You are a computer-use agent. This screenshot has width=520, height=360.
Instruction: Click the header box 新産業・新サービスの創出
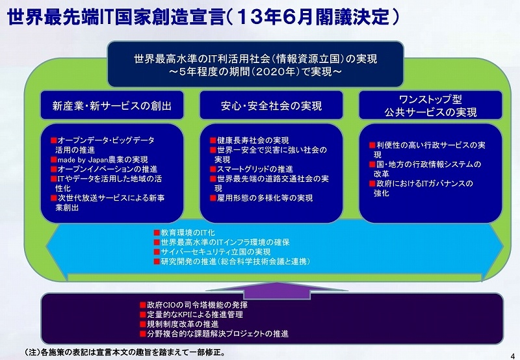point(112,105)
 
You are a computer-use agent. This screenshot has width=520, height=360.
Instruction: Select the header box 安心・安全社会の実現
point(271,105)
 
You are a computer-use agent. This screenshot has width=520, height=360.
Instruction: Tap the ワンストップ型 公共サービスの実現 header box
point(430,105)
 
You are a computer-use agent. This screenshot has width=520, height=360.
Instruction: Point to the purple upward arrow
point(277,291)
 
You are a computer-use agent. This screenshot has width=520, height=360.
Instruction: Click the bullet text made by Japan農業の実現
point(103,159)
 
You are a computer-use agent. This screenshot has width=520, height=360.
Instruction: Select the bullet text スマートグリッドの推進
point(255,169)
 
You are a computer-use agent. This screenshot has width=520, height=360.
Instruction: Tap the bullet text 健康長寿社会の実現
point(253,140)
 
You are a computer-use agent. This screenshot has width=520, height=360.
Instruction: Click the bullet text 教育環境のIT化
point(188,233)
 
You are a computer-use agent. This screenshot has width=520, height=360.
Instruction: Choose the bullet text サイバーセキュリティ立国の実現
point(216,252)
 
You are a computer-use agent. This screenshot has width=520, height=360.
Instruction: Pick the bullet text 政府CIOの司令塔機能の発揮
point(198,305)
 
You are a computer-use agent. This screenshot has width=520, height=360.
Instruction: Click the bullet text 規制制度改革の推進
point(183,324)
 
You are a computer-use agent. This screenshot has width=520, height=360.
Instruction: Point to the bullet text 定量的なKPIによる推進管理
point(195,315)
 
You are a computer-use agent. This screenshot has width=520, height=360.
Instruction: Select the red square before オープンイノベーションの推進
point(54,169)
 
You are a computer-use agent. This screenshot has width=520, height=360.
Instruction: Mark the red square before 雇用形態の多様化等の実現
point(213,198)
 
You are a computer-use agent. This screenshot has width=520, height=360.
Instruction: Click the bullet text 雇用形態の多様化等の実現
point(265,198)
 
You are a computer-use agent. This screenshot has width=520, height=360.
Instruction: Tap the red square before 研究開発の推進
point(157,261)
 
